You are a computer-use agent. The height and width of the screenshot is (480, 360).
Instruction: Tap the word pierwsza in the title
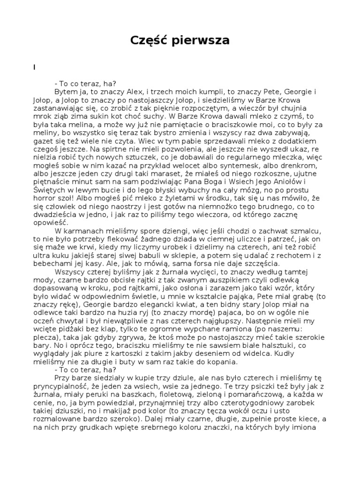click(202, 41)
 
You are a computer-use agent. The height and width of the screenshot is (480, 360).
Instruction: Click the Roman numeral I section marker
click(34, 67)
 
